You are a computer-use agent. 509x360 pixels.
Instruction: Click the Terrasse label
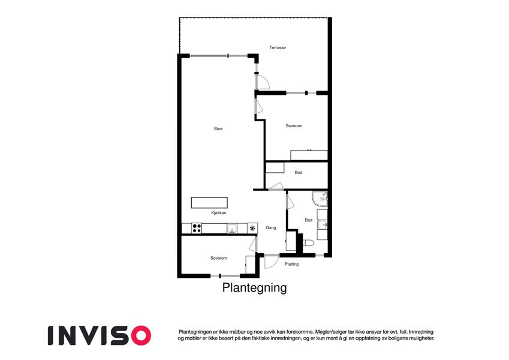(278, 47)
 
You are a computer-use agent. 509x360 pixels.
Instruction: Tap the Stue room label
(218, 128)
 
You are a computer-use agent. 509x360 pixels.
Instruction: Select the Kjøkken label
(219, 213)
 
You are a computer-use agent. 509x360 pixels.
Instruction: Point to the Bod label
(299, 173)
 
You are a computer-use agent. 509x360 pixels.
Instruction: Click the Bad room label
(308, 220)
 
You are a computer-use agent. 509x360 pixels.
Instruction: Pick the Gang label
(271, 228)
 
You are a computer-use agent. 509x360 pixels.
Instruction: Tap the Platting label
(291, 264)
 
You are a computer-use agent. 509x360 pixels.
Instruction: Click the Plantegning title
(254, 288)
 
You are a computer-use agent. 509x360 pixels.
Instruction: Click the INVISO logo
(100, 335)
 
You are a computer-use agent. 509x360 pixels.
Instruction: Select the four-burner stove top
(197, 228)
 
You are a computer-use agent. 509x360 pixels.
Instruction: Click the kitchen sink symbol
(232, 229)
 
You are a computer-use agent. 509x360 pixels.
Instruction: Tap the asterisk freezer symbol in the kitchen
(252, 228)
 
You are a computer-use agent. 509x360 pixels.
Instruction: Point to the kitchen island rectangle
(209, 203)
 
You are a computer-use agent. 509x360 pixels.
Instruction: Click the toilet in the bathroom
(308, 243)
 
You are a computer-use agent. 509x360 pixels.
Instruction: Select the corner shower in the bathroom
(320, 199)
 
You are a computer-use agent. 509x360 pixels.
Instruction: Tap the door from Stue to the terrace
(263, 82)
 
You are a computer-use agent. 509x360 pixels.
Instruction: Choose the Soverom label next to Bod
(294, 126)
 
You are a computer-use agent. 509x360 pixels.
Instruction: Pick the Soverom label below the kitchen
(218, 258)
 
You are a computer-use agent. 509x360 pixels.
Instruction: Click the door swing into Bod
(276, 186)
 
